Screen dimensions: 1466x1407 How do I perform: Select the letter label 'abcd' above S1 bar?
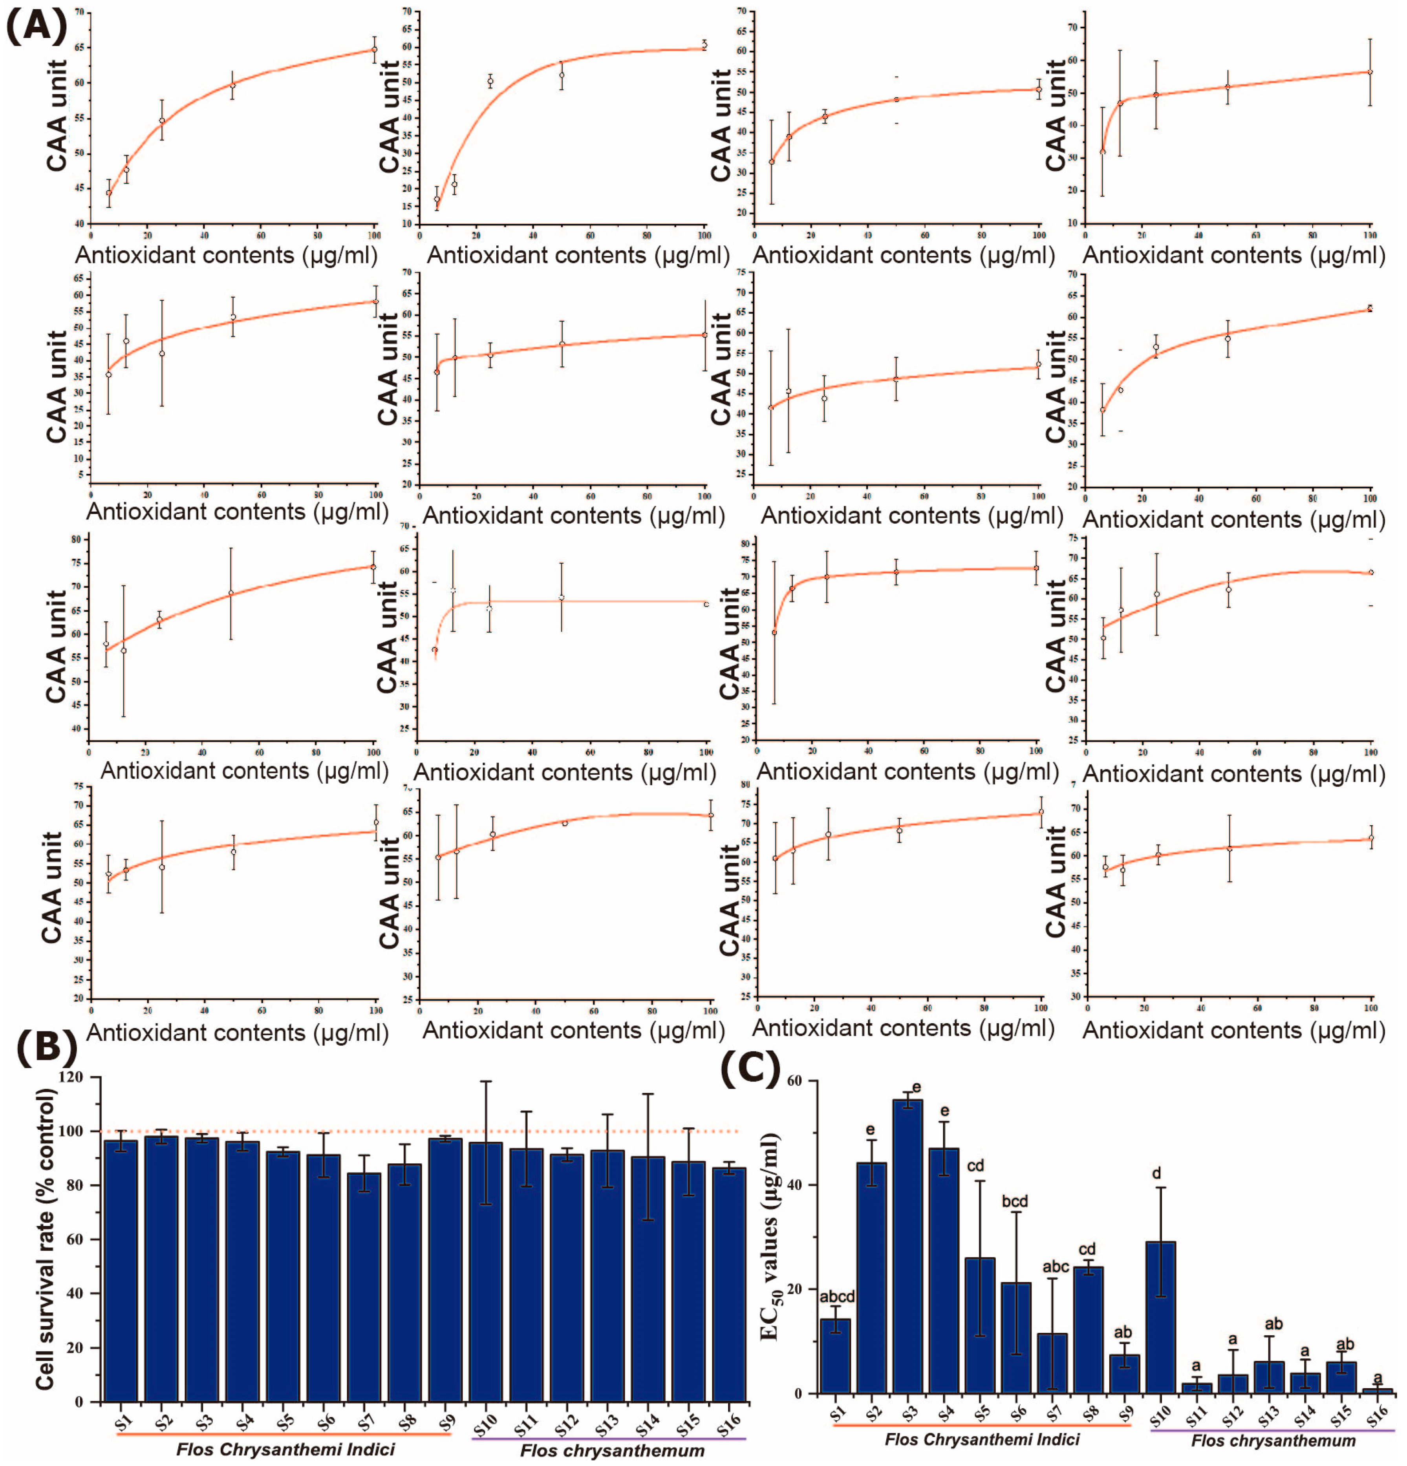[x=836, y=1297]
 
